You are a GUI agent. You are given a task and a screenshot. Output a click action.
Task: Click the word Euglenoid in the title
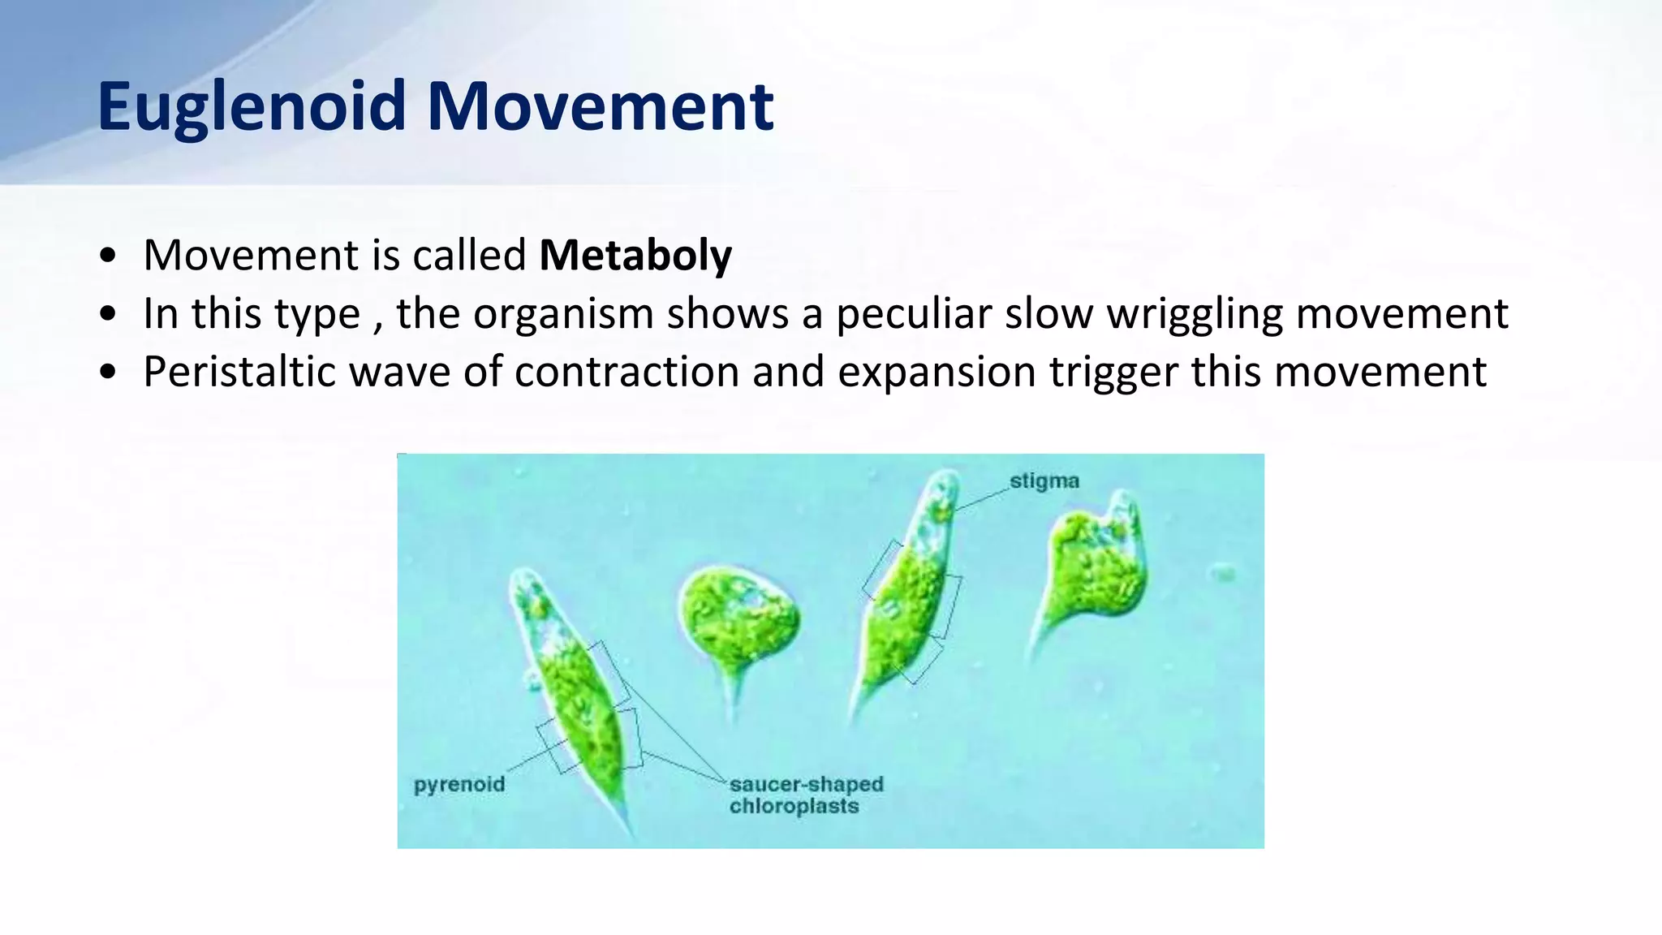[252, 107]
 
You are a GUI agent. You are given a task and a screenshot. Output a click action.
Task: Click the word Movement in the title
[600, 107]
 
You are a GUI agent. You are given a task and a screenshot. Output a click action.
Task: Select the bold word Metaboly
[635, 256]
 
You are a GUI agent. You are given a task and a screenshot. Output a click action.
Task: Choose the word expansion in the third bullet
[936, 373]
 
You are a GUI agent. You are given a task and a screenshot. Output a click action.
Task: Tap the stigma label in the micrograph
[1044, 481]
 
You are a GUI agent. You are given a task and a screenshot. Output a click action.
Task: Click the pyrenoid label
[459, 785]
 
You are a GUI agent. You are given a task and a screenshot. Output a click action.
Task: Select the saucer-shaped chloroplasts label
[805, 795]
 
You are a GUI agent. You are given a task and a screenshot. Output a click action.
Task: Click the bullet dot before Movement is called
[107, 256]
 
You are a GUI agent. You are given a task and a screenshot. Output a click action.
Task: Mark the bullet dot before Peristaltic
[107, 373]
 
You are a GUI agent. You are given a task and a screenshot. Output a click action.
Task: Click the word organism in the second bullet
[563, 314]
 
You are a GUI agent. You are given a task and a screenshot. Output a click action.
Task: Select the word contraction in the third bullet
[626, 373]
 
